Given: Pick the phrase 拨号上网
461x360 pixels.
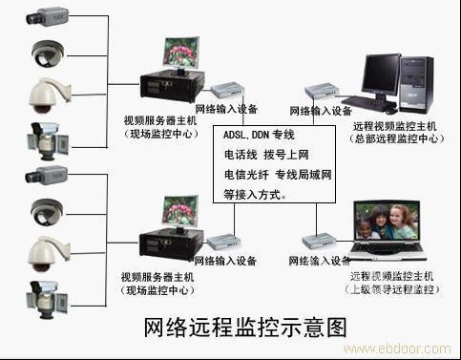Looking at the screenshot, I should pyautogui.click(x=287, y=155).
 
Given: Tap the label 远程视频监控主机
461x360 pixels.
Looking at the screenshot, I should pyautogui.click(x=394, y=126).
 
